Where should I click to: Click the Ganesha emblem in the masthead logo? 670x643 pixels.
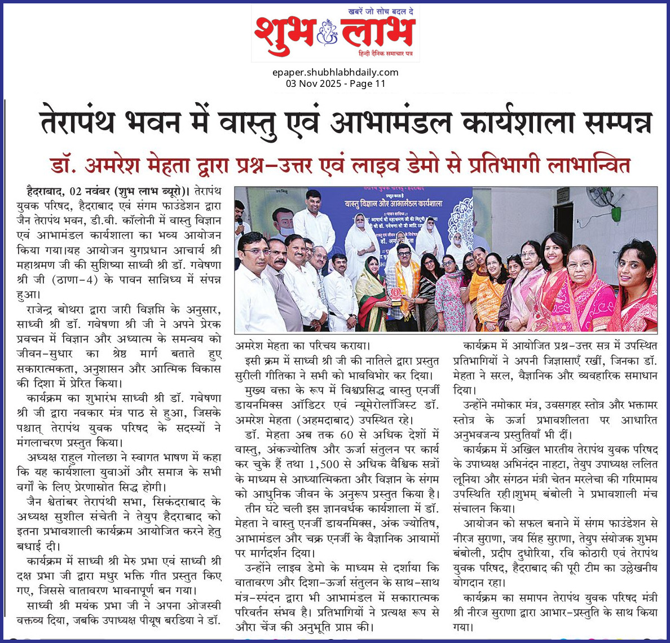327,33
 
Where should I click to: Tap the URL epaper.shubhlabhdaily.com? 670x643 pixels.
335,72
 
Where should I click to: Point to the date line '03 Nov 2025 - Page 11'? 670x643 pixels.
335,83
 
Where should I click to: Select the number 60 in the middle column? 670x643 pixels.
347,434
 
